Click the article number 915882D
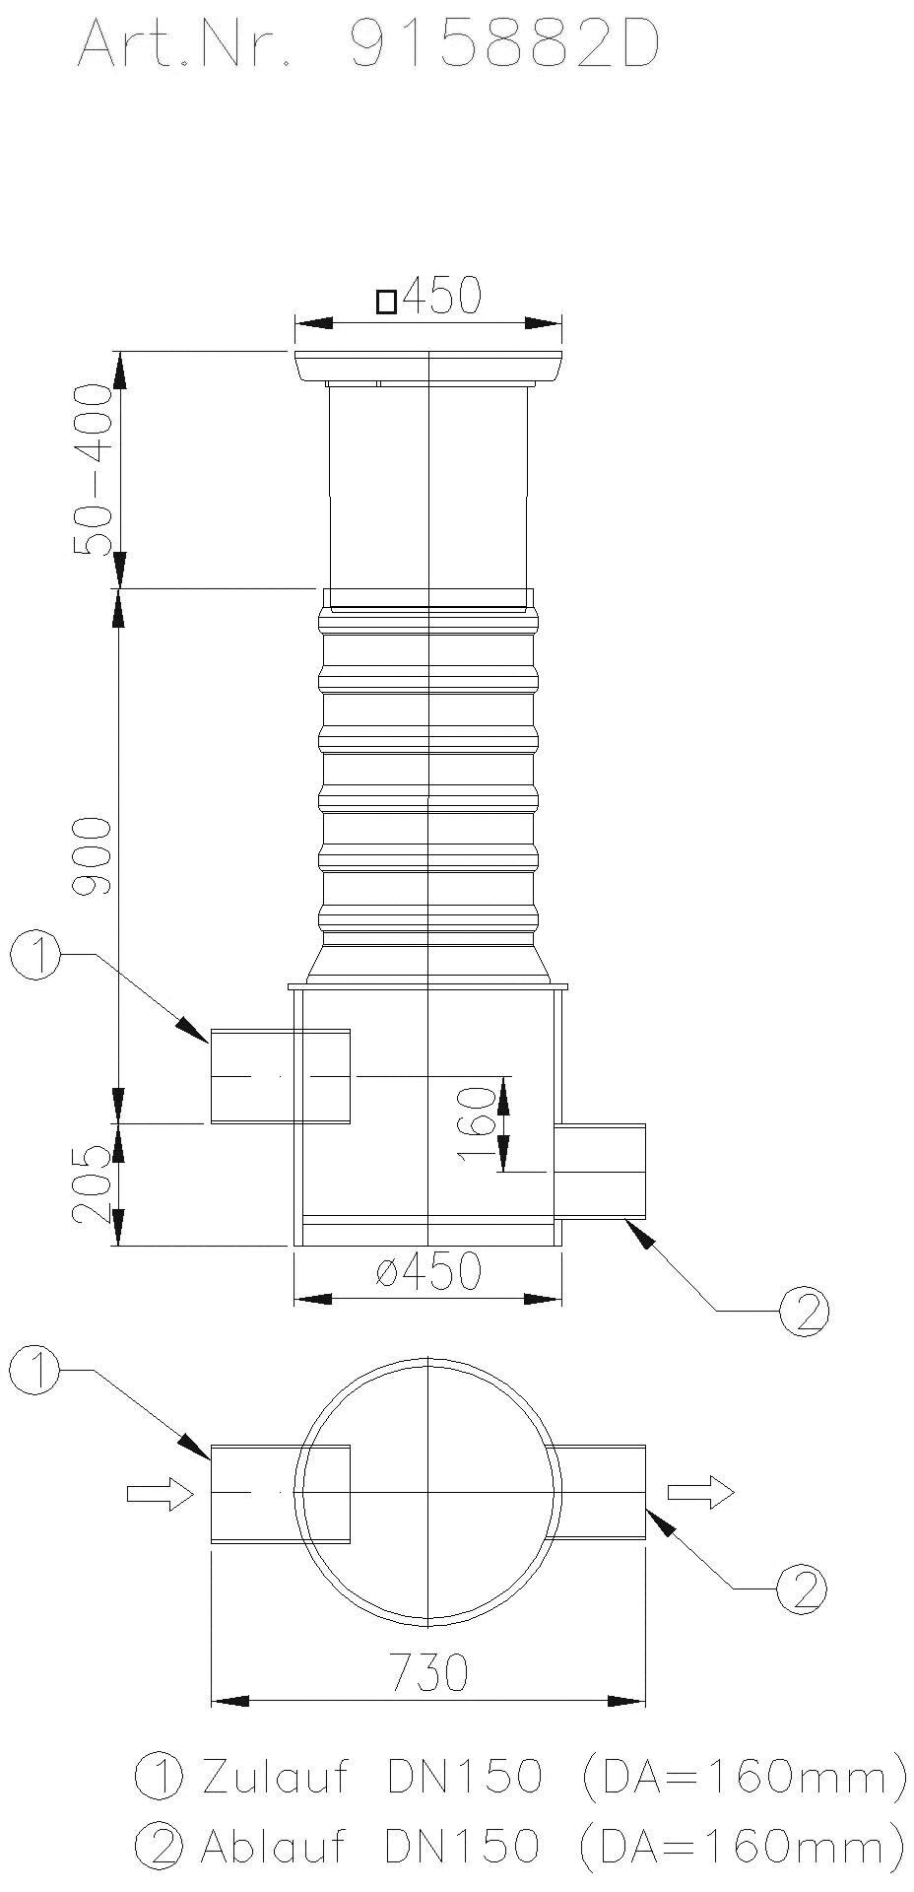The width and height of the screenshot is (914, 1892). pos(504,46)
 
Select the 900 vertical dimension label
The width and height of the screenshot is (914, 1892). pos(96,854)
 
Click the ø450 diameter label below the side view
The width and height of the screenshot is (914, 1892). pos(428,1271)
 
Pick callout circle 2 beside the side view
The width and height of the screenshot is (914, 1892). pos(805,1310)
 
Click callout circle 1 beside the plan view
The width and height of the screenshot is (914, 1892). pos(35,1372)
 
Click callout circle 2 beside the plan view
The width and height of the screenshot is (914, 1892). pos(802,1588)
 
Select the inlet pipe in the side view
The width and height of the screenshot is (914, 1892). pos(280,1076)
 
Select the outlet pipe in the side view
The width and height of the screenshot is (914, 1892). pos(600,1172)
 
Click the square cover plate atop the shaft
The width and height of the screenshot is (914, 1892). pos(428,367)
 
